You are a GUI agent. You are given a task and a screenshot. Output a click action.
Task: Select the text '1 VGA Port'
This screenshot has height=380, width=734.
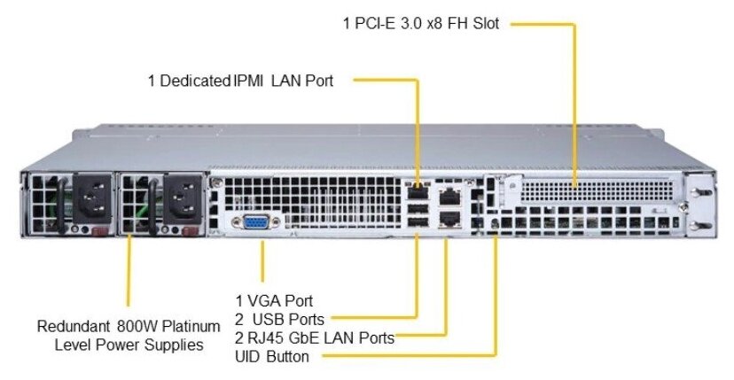click(274, 301)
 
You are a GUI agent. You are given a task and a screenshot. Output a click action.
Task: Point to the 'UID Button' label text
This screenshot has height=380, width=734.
click(272, 357)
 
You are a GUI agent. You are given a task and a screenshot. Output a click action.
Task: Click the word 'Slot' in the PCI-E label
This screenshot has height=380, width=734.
click(482, 24)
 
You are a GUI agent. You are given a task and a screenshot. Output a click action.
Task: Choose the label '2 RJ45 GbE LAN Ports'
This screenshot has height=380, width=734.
click(315, 337)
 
